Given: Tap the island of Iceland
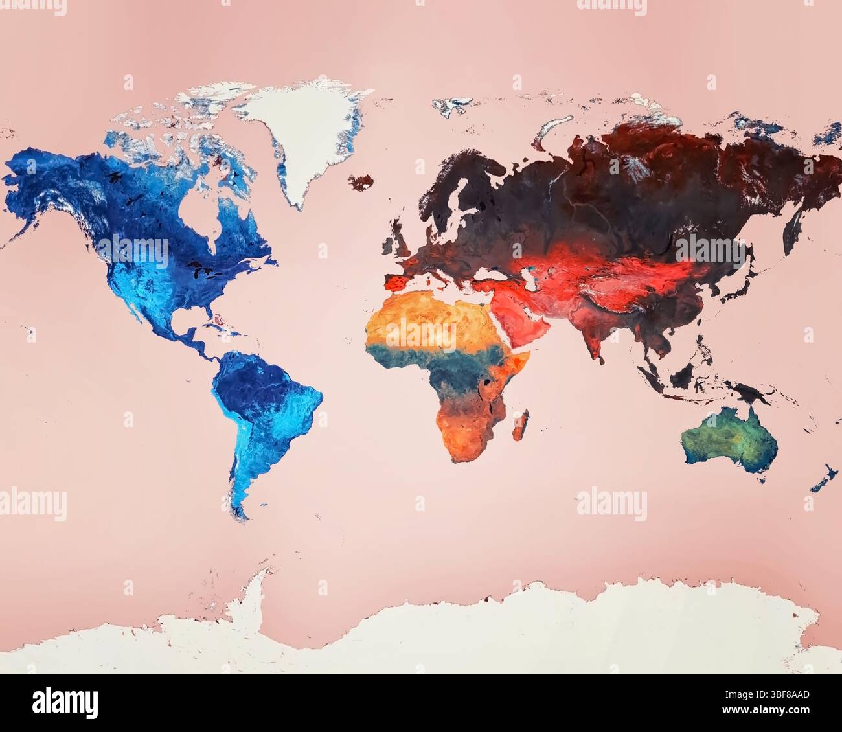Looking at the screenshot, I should point(361,181).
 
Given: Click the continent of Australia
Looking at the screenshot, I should point(729,440).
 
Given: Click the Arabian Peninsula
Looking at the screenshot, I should point(518,317).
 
